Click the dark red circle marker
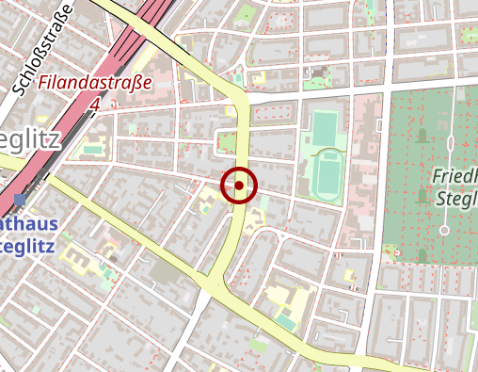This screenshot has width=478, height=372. pos(239,186)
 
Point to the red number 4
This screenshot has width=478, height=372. pos(95,105)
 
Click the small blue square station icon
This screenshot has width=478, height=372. pos(21,200)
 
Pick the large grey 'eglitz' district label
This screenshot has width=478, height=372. pos(30,142)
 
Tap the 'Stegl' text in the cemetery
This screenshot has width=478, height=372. pos(457,198)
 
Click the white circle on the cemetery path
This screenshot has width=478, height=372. pos(444,229)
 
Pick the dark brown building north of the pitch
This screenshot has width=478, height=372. pos(320,71)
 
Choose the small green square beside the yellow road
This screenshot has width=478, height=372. pos(226,143)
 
